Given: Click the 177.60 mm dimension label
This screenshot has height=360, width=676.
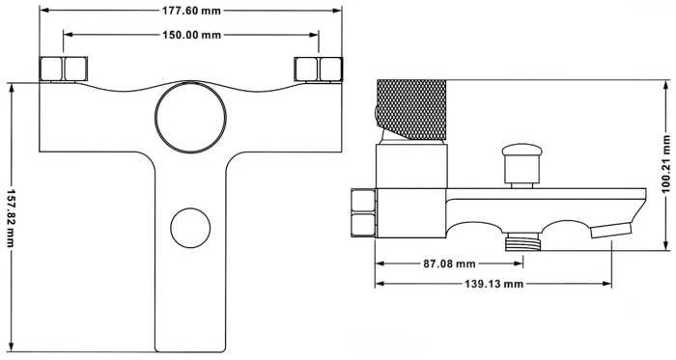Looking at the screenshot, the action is tap(191, 11).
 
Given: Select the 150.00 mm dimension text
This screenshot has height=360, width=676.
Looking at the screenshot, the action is tap(191, 35).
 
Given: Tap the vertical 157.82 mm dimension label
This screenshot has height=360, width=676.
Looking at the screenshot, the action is tap(11, 218).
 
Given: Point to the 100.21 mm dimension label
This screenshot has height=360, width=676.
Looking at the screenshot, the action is tap(666, 164).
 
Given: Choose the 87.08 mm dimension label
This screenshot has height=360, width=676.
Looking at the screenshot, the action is tap(449, 263).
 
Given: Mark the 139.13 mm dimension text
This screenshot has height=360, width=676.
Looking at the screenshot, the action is tap(493, 284).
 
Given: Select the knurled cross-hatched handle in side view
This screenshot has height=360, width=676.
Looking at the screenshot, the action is tap(411, 109).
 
